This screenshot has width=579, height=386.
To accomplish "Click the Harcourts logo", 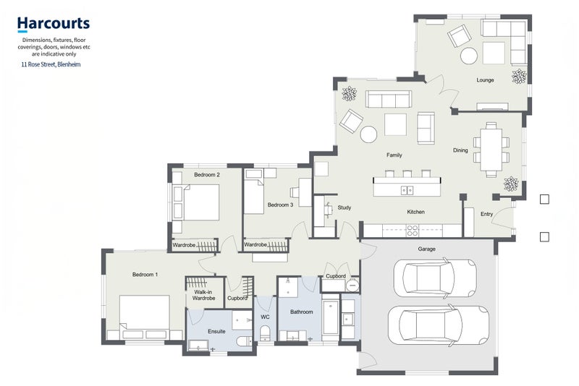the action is [x=54, y=25].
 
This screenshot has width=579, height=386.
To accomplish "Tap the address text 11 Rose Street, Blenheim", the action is [x=51, y=64].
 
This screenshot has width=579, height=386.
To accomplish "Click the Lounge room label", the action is [x=485, y=80].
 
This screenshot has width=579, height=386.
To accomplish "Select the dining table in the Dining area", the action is [x=491, y=150].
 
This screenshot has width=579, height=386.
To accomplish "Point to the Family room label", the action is [x=394, y=155].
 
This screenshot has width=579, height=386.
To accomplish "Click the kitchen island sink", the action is [x=407, y=190].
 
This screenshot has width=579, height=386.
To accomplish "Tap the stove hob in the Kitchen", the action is [x=412, y=231].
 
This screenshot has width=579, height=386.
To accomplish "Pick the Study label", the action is [x=345, y=207].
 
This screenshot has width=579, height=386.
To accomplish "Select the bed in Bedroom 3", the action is [x=254, y=195].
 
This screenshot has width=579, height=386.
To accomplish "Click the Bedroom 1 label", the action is [x=145, y=275].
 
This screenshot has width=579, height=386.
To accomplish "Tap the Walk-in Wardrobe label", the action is [x=203, y=296].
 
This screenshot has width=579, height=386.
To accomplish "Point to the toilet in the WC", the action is [x=265, y=333].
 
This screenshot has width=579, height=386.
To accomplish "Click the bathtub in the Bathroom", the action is [x=331, y=317].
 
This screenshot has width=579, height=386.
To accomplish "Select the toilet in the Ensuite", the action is [x=244, y=340].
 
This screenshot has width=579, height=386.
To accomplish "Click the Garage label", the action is [x=426, y=249].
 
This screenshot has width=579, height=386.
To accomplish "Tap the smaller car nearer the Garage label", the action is [x=435, y=278].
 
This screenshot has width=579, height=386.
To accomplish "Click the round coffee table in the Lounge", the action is [x=469, y=56].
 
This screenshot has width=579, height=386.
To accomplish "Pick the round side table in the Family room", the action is [x=368, y=134].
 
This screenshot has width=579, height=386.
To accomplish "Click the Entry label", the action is [x=486, y=214].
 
